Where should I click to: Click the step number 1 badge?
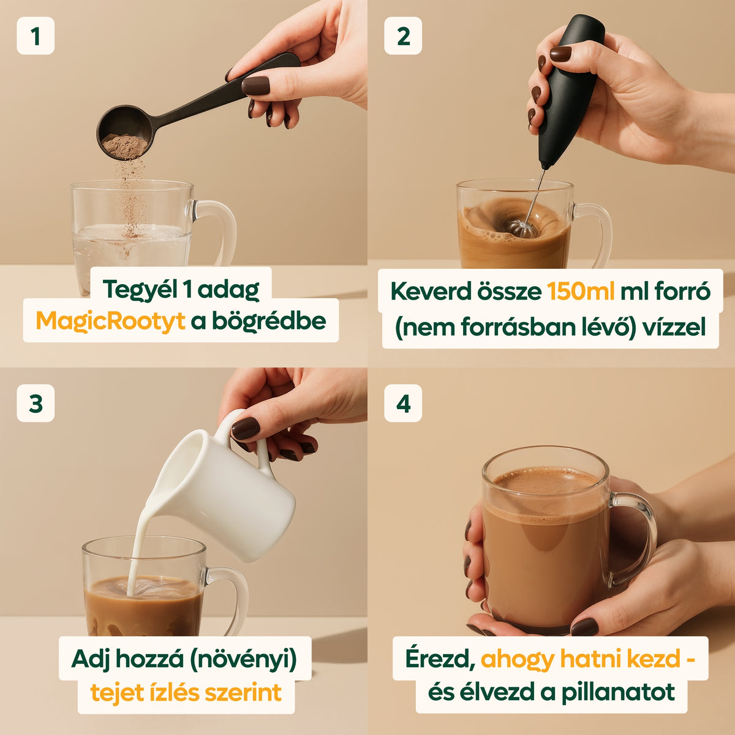coord(36,36)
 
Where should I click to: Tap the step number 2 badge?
coord(403,36)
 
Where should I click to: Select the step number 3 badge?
coord(36,403)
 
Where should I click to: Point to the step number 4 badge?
coord(403,403)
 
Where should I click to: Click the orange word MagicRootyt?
coord(111,321)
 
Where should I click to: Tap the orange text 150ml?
coord(581,292)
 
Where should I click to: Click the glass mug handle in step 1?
coord(219,229)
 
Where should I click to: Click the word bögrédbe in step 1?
coord(268,321)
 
